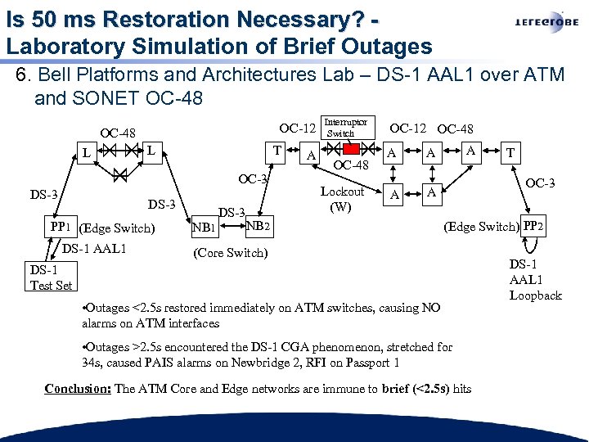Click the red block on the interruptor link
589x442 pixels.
(x=351, y=149)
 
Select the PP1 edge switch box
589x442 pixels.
(x=60, y=227)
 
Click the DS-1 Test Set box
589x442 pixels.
(x=51, y=277)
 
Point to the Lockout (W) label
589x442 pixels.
(x=342, y=199)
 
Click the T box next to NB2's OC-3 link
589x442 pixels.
(x=278, y=151)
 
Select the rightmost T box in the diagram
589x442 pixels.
(x=511, y=152)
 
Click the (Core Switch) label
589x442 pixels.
(x=230, y=252)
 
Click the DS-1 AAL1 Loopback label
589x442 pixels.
(x=535, y=279)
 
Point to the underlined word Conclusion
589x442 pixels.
(x=78, y=389)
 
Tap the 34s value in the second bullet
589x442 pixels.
(x=90, y=363)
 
